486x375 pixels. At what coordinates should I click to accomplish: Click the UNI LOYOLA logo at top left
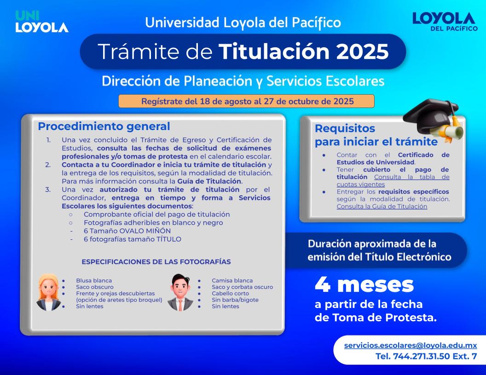pyautogui.click(x=41, y=22)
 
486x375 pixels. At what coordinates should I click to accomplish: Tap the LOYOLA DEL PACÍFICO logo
pyautogui.click(x=443, y=22)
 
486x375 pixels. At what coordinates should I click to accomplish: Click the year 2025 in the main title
pyautogui.click(x=362, y=52)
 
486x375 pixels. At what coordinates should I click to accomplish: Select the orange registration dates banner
pyautogui.click(x=246, y=101)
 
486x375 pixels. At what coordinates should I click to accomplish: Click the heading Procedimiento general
pyautogui.click(x=104, y=126)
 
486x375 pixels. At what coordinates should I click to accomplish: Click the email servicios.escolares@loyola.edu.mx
pyautogui.click(x=411, y=345)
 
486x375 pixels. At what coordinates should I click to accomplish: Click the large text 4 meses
pyautogui.click(x=364, y=285)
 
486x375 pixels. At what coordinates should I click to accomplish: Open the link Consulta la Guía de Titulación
pyautogui.click(x=382, y=206)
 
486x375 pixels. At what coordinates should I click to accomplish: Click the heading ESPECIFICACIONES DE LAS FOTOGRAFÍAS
pyautogui.click(x=156, y=261)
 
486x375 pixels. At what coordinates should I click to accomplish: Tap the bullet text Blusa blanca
pyautogui.click(x=94, y=280)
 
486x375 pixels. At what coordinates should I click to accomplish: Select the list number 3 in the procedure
pyautogui.click(x=48, y=189)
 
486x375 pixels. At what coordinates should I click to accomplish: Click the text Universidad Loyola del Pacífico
pyautogui.click(x=243, y=23)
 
